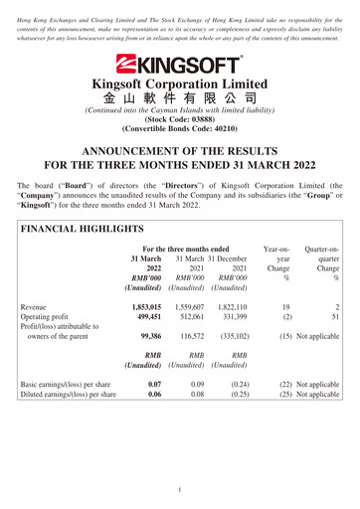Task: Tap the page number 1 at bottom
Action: pos(180,488)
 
